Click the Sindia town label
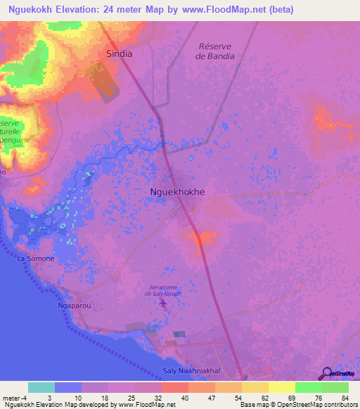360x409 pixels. (x=119, y=53)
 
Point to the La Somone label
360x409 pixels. (x=35, y=259)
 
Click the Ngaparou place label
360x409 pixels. (x=75, y=306)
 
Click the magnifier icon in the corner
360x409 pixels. (x=328, y=373)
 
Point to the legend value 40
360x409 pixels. (x=184, y=398)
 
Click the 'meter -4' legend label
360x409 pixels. (x=14, y=398)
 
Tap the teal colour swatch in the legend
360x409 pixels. (x=41, y=387)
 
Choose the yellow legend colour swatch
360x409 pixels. (x=281, y=387)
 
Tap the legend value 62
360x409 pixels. (x=264, y=398)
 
